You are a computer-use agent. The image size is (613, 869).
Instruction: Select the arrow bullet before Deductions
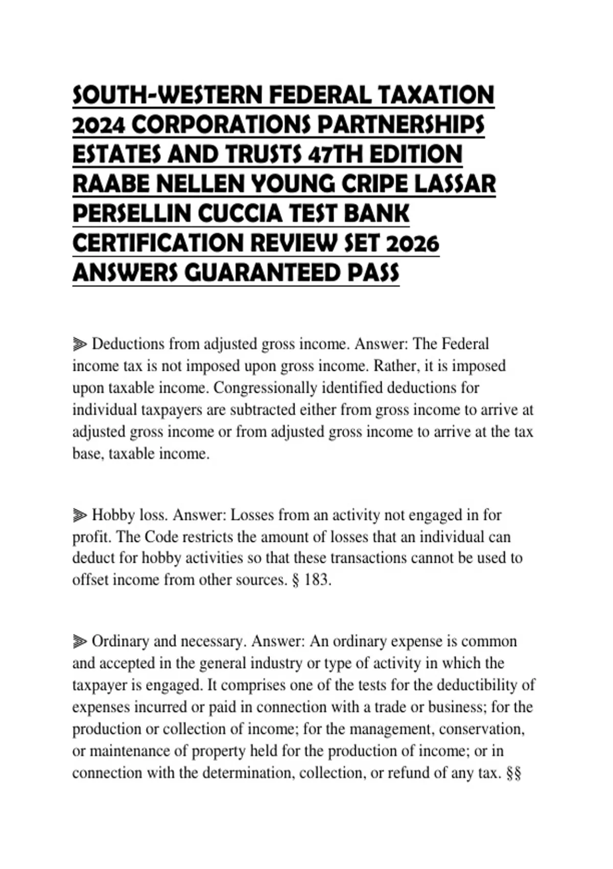tap(80, 344)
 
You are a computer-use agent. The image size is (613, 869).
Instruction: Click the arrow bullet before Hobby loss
tap(80, 515)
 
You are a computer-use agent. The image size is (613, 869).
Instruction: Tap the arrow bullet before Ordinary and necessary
tap(80, 641)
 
